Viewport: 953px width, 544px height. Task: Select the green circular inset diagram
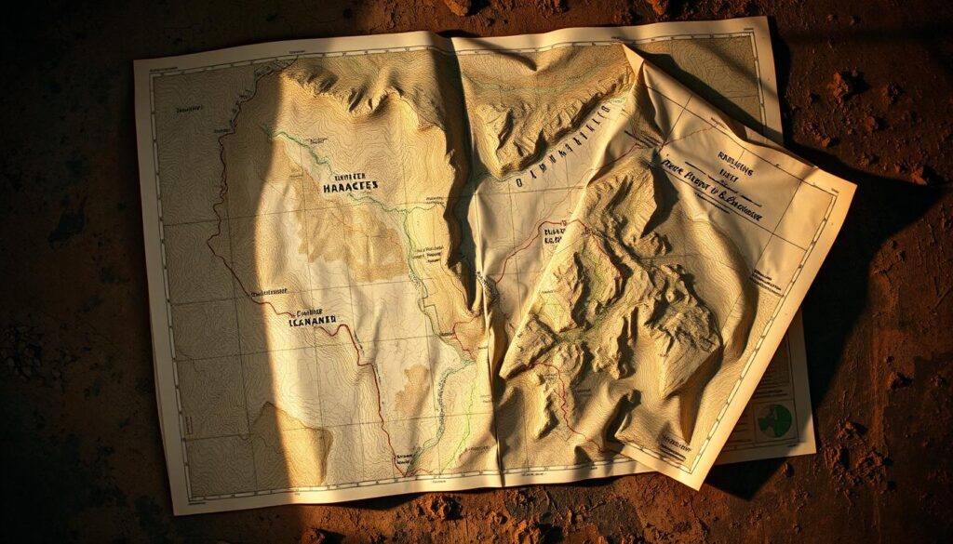pos(774,420)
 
